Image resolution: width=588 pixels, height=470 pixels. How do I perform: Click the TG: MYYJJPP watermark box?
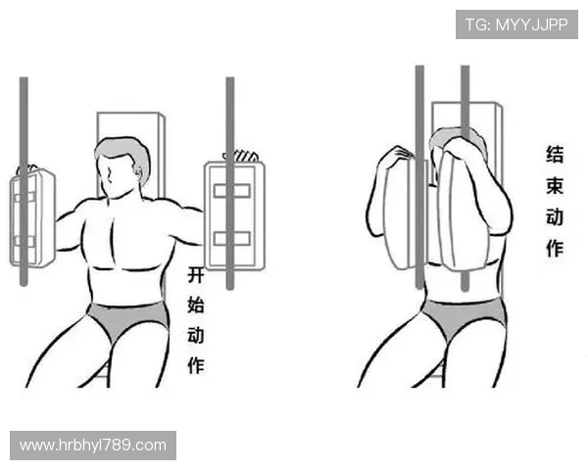(x=516, y=24)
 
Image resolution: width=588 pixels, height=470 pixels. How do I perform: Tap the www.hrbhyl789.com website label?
(x=93, y=446)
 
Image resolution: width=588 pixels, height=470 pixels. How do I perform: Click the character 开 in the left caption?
(x=196, y=275)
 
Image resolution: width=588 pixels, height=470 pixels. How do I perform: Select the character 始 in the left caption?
(x=196, y=305)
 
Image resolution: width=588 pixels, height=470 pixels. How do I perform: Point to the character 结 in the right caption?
(x=555, y=155)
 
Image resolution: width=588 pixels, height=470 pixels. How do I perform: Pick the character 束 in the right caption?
(x=555, y=186)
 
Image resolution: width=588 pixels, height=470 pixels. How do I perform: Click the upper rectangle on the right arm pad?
(x=232, y=191)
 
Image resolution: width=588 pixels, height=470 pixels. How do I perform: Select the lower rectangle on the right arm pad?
(x=232, y=238)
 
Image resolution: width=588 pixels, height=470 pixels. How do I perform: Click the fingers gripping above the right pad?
(x=241, y=156)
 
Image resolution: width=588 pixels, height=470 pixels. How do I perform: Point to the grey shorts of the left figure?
(x=127, y=318)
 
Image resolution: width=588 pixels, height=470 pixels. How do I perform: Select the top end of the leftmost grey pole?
(x=24, y=78)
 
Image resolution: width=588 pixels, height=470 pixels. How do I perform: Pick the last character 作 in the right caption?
(x=555, y=248)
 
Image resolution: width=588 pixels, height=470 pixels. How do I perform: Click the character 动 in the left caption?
(x=196, y=335)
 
